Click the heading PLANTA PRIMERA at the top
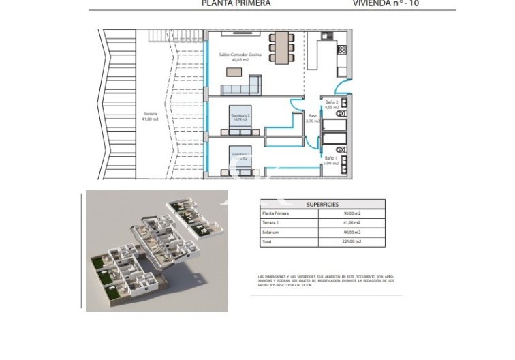click(x=236, y=3)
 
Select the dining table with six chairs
click(x=281, y=48)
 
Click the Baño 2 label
click(x=332, y=104)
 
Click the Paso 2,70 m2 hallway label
click(x=313, y=118)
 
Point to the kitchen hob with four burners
click(x=343, y=48)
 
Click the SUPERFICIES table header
click(x=322, y=204)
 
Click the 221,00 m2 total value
click(x=352, y=241)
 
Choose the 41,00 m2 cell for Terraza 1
click(x=352, y=222)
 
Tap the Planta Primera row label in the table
click(x=276, y=213)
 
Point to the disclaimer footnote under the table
click(x=326, y=281)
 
